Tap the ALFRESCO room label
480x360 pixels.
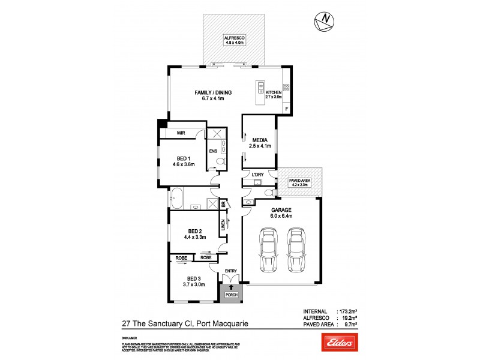233,37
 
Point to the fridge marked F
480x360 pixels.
287,109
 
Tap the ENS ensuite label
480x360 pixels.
212,151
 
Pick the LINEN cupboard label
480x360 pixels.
223,225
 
